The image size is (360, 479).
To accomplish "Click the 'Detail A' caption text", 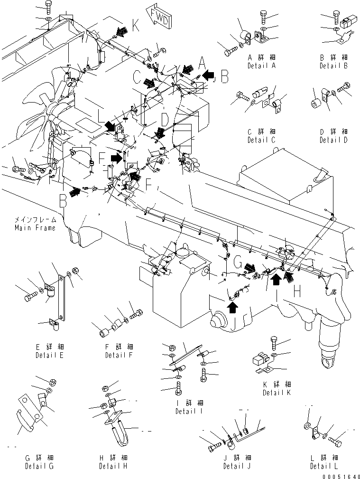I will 261,66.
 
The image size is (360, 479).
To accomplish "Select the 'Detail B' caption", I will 333,66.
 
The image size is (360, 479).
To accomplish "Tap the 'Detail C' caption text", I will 261,140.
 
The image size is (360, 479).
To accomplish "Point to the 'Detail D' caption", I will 333,140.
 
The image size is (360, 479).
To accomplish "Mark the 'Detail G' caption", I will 39,466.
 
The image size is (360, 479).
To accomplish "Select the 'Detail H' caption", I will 113,466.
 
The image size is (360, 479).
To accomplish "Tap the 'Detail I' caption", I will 189,411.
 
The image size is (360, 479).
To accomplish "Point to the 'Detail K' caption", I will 277,393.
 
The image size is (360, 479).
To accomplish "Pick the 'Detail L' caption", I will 324,466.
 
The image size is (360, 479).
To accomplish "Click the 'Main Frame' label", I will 35,228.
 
